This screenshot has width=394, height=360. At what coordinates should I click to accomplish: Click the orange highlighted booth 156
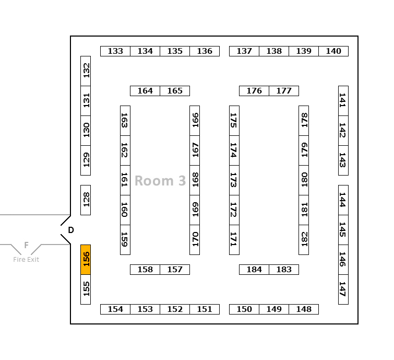tap(86, 259)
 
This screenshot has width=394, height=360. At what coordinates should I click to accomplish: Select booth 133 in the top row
tap(115, 51)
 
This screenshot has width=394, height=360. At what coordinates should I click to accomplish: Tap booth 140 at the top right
tap(333, 51)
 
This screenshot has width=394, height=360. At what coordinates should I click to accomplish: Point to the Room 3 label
tap(160, 181)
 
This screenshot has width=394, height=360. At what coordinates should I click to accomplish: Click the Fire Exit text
tap(26, 259)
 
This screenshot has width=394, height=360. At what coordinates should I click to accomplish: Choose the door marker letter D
tap(71, 230)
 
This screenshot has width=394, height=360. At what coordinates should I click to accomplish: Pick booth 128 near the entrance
tap(86, 200)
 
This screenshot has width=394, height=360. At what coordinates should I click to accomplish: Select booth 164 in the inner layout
tap(145, 91)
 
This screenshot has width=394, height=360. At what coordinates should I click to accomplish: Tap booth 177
tap(284, 91)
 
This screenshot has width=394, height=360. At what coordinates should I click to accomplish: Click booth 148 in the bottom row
tap(304, 309)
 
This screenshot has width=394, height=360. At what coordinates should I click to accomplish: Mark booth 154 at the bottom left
tap(115, 309)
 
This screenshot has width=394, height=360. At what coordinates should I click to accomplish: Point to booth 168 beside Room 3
tap(195, 180)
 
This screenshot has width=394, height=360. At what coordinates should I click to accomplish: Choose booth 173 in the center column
tap(234, 180)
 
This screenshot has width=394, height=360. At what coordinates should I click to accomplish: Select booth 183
tap(284, 270)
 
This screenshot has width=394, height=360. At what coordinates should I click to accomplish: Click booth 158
tap(145, 270)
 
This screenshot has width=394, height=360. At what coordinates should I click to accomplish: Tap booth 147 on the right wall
tap(343, 289)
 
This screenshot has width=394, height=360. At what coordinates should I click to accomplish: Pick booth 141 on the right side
tap(343, 101)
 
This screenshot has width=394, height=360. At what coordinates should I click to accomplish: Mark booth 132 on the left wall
tap(86, 71)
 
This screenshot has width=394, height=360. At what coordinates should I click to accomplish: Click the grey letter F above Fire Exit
tap(26, 245)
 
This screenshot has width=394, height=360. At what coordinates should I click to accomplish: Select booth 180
tap(304, 180)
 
